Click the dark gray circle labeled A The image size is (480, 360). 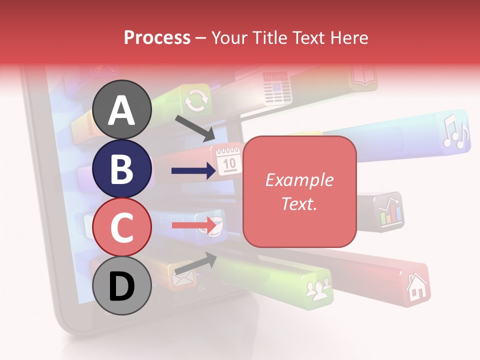(x=122, y=109)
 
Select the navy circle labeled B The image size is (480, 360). (x=122, y=168)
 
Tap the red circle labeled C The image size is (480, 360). (x=122, y=227)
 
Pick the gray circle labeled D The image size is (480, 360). (x=122, y=285)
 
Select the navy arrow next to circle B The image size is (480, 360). (x=193, y=171)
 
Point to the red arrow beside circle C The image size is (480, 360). (x=194, y=225)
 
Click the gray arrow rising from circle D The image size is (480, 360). (x=195, y=263)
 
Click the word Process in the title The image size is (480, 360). (x=157, y=37)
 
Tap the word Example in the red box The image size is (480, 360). (x=299, y=180)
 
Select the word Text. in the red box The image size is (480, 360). (x=299, y=203)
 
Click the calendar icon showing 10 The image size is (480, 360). (x=228, y=159)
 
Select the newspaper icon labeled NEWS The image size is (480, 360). (x=276, y=86)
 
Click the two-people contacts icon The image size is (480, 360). (x=318, y=289)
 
